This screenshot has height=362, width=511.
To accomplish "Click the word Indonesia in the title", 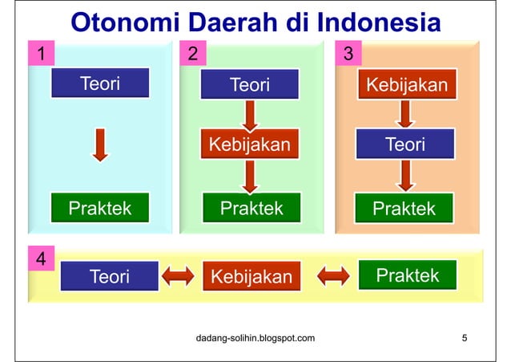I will pos(379,22).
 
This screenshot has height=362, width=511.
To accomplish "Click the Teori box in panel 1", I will pos(99,83).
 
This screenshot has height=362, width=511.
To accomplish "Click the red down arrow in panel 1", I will pos(99,145).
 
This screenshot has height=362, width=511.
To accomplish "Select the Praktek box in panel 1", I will pos(99,208).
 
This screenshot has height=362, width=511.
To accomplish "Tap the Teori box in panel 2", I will pos(249,84).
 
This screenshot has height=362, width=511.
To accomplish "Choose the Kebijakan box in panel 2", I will pos(249,145).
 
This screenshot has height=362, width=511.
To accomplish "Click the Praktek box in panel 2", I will pos(251,208).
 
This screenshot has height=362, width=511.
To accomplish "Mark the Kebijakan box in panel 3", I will pos(406,84).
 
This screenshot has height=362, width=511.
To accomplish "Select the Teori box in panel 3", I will pos(405,145).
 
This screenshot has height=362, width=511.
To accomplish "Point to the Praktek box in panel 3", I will pos(404,208).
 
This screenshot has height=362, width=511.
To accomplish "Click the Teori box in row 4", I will pos(110,276).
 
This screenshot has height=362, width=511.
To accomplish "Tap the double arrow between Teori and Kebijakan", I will pos(178,276).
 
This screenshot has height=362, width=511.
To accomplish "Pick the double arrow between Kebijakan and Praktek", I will pos(333,276).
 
